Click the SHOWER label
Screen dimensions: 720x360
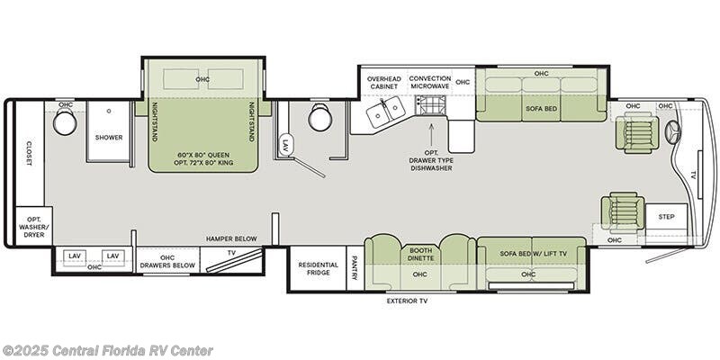point(109,138)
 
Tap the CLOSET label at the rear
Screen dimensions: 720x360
point(30,152)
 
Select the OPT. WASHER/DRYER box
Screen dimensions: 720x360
point(34,227)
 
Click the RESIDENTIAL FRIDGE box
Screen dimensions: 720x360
point(319,268)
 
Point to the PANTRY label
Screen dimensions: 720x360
point(355,268)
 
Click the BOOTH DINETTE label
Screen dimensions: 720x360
point(421,256)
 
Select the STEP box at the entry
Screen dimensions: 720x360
point(666,217)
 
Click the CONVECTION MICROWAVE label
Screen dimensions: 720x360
point(431,82)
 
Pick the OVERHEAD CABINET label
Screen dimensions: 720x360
point(384,82)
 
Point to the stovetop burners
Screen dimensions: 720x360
point(430,106)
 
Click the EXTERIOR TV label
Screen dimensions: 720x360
point(407,301)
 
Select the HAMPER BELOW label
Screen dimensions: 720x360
point(231,238)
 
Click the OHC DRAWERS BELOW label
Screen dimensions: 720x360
point(167,261)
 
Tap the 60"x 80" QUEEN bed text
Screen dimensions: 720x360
point(202,155)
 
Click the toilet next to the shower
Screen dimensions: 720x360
point(65,122)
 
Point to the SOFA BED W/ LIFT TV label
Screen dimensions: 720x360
point(532,254)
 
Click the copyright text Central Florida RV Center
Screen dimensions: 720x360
point(107,350)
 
